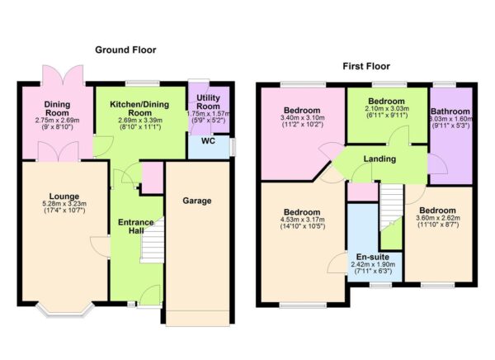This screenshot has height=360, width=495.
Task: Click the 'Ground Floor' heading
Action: [x=125, y=50]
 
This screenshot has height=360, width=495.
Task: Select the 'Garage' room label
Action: [x=197, y=201]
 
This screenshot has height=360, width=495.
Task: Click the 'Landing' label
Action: [x=379, y=159]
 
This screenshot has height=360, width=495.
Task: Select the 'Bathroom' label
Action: [x=450, y=111]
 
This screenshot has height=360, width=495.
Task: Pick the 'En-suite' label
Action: [x=373, y=257]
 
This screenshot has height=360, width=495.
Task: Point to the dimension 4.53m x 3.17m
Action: [x=302, y=220]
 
